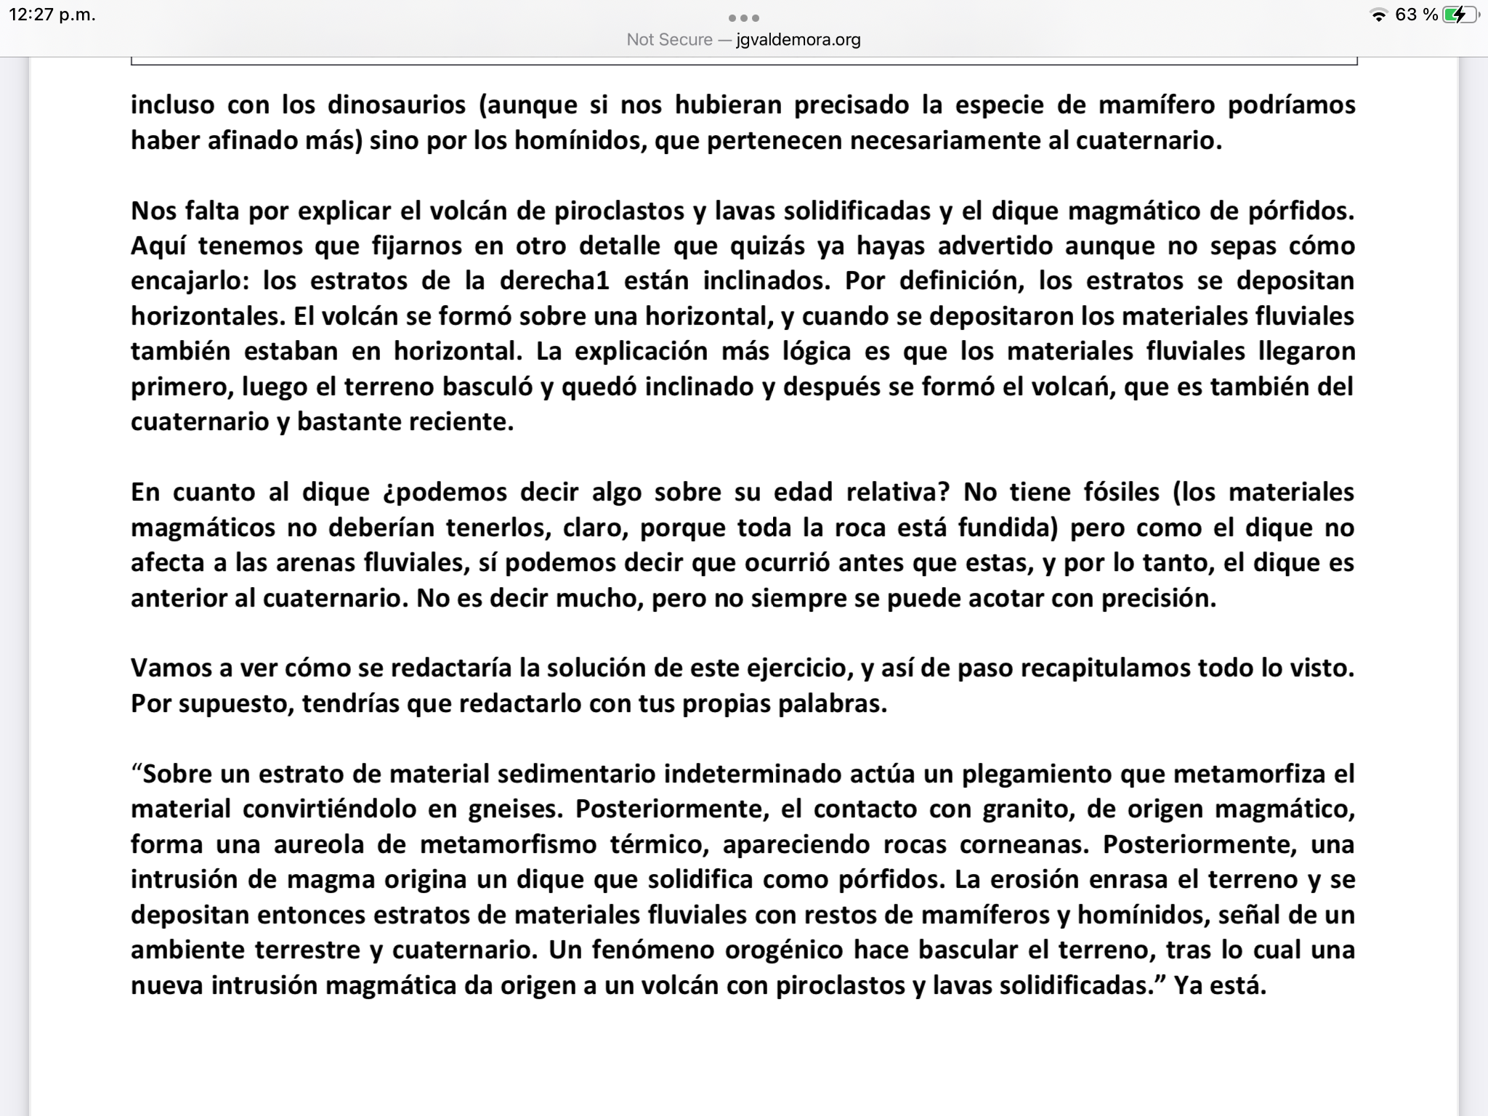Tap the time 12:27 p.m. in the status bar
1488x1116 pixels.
coord(52,15)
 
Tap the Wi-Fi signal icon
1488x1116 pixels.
coord(1378,15)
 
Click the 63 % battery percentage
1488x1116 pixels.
coord(1416,15)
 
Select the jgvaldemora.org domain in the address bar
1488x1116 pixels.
coord(798,39)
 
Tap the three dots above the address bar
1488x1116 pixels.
coord(743,17)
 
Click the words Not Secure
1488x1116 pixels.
coord(669,39)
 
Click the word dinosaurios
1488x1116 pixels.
coord(396,105)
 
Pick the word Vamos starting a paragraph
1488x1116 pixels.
coord(171,668)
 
